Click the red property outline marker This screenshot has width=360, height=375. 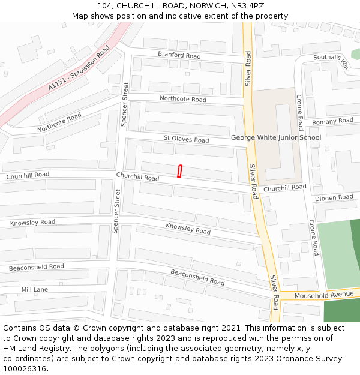click(179, 171)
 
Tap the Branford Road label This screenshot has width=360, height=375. click(179, 55)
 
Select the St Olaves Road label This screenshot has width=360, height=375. click(186, 139)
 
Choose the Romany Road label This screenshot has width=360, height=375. click(332, 121)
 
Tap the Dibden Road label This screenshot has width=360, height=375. click(334, 197)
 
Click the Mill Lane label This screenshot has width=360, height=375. click(34, 289)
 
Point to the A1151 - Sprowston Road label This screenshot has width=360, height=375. click(79, 70)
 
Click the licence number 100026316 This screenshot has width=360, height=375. click(23, 368)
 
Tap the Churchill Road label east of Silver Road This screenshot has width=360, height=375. click(284, 188)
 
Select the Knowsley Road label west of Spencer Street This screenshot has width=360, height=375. click(32, 223)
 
